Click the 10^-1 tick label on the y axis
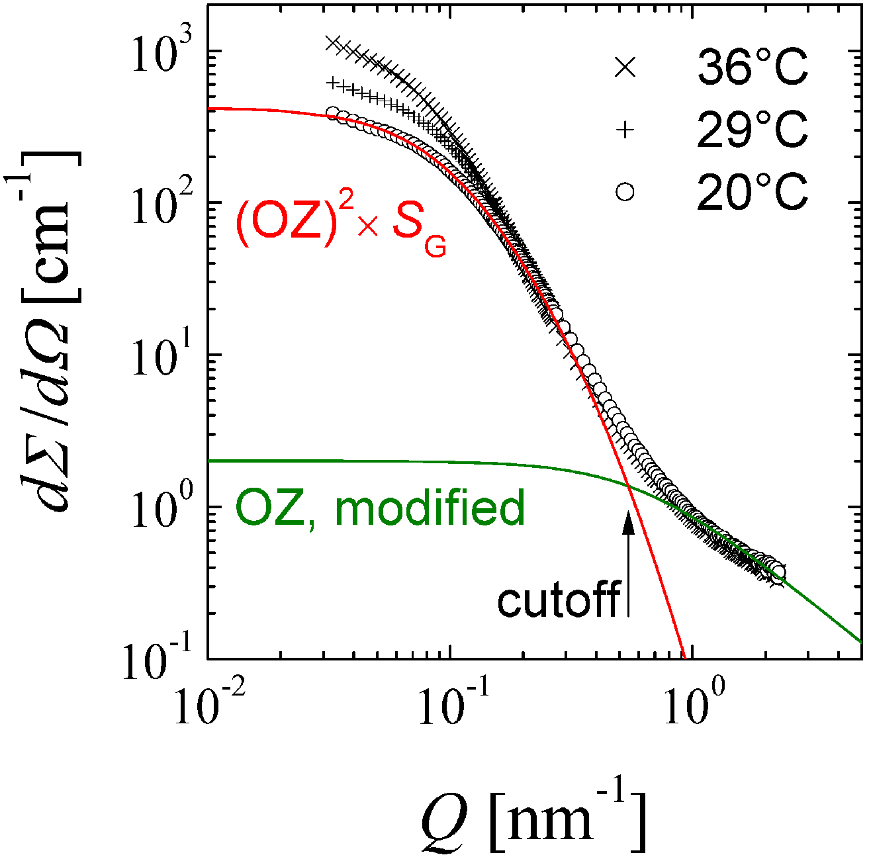pos(159,662)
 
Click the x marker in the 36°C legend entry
pos(625,67)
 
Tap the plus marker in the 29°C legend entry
pos(625,130)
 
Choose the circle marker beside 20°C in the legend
pos(625,193)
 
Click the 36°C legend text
pos(753,67)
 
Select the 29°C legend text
pos(753,130)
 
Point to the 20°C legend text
pos(753,193)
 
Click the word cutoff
pos(558,600)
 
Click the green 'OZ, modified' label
pos(380,508)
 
